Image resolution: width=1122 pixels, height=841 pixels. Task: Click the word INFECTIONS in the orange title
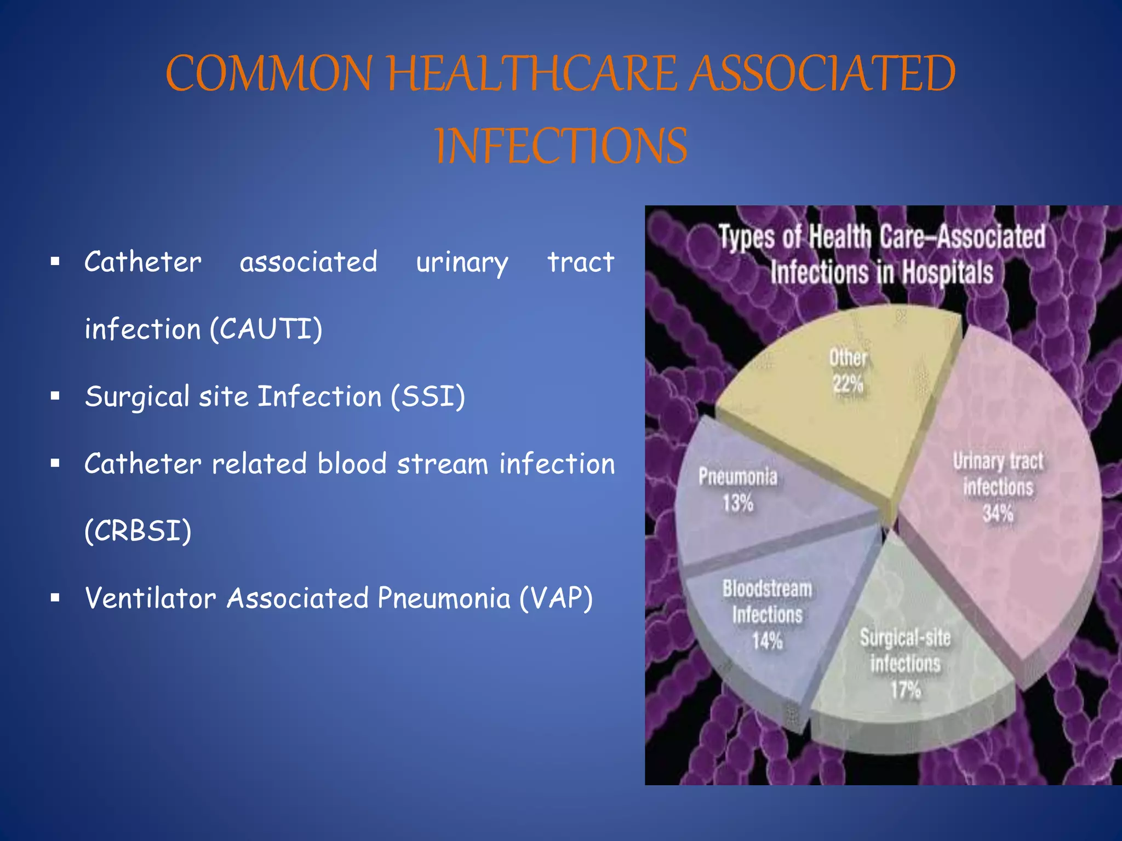coord(561,146)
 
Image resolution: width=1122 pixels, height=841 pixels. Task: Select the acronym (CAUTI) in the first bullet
coord(266,329)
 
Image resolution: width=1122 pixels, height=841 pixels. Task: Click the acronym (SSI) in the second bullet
coord(428,396)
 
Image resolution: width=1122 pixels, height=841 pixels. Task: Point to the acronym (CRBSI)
coord(138,531)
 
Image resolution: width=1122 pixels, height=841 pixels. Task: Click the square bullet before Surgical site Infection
coord(55,396)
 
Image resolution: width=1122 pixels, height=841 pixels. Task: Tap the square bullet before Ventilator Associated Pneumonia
coord(55,598)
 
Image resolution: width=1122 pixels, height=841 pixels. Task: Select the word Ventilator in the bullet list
coord(150,598)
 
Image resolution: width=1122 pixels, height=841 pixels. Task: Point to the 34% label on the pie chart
coord(998,514)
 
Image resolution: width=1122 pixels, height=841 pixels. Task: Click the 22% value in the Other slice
coord(848,384)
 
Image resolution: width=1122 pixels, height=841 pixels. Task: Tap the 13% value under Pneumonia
coord(737,503)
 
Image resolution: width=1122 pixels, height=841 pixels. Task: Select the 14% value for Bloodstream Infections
coord(767,640)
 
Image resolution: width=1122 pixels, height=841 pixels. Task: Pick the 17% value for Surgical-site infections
coord(905,690)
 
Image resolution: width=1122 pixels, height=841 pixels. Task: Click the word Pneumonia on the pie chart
coord(737,476)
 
